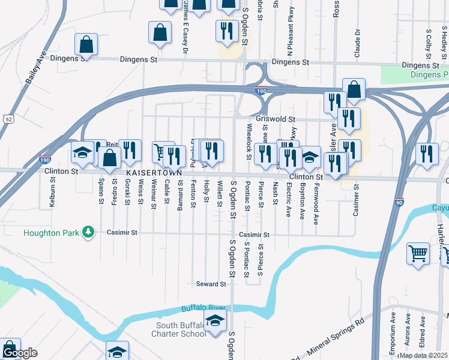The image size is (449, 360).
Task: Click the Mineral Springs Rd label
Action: click(336, 339)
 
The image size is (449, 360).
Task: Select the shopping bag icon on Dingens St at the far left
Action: click(86, 43)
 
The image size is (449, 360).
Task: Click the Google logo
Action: click(19, 353)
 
